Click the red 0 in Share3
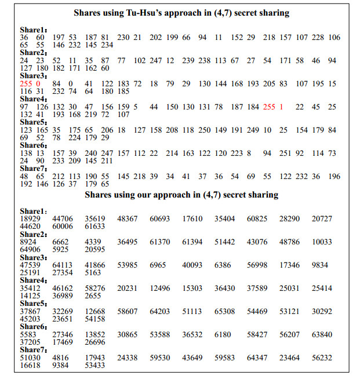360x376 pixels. (x=38, y=84)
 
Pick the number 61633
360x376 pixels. (x=94, y=227)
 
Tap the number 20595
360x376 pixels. (x=94, y=250)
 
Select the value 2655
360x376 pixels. (x=92, y=296)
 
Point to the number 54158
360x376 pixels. (x=94, y=319)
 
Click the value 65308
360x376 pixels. (x=225, y=311)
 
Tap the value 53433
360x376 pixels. (x=94, y=366)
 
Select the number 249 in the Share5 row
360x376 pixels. (x=253, y=130)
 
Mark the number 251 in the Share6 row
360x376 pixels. (x=283, y=153)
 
